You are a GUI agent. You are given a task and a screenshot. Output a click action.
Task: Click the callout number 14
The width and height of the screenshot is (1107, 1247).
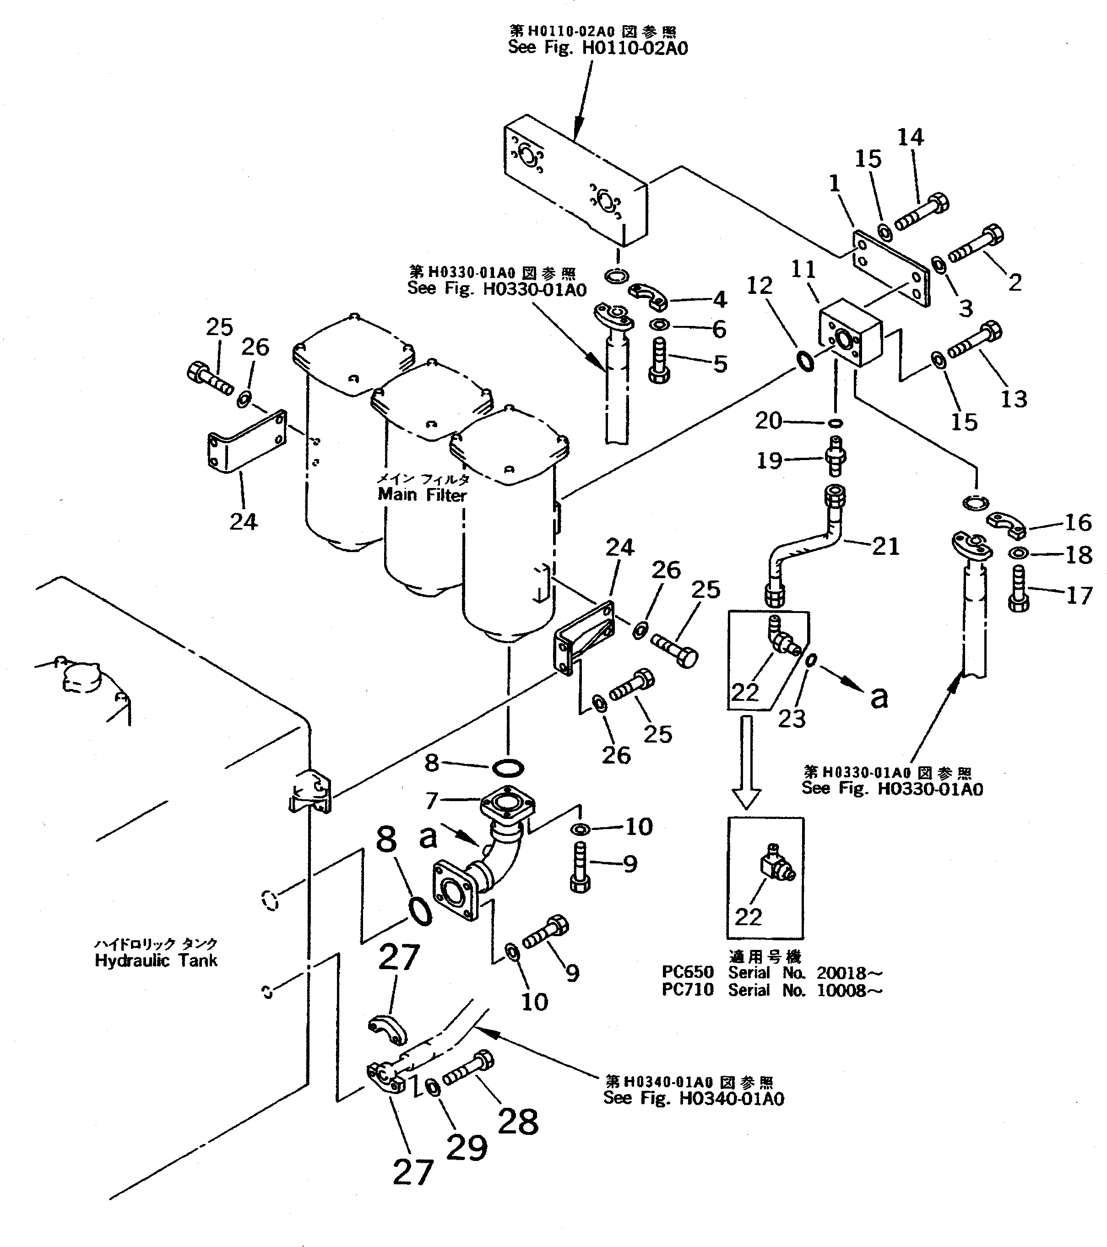point(910,137)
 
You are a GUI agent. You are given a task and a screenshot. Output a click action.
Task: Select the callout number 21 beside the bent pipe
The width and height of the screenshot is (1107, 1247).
point(885,547)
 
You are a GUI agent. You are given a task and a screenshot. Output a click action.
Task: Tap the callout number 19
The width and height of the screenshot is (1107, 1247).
point(769,461)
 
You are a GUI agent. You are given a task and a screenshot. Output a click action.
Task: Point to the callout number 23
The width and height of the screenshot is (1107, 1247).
point(792,719)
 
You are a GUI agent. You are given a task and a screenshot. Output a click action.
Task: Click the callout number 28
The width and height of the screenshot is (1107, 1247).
point(518,1121)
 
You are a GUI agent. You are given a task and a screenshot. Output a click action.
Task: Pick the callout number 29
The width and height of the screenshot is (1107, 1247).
point(467,1148)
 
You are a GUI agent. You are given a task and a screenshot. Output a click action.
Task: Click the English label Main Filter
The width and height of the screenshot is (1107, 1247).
point(422,495)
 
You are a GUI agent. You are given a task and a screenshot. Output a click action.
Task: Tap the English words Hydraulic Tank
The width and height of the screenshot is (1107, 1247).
point(156,961)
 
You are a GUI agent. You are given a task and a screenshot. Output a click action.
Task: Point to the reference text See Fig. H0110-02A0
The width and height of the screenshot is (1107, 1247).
point(598,48)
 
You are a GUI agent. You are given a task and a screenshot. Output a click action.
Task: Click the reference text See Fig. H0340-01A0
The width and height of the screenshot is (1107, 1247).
point(694,1098)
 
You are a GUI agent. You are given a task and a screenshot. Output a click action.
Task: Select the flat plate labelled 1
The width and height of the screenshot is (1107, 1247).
point(891,268)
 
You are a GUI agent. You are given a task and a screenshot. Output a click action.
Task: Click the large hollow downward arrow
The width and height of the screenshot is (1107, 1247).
point(746,763)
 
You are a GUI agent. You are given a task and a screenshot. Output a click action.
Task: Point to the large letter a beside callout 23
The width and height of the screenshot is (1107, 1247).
point(879,697)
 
